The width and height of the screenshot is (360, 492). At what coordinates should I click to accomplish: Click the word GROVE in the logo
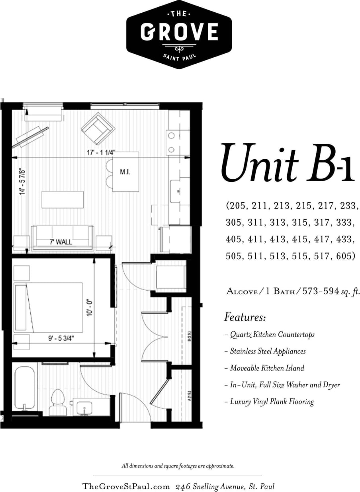click(179, 32)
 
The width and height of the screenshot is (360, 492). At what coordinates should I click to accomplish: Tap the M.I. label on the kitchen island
click(125, 172)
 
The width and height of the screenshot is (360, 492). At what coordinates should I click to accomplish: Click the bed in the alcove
click(49, 307)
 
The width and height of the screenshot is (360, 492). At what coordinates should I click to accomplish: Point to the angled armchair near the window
click(98, 129)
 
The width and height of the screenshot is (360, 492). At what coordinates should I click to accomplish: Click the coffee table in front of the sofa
click(63, 199)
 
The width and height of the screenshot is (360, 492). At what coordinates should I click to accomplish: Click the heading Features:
click(245, 318)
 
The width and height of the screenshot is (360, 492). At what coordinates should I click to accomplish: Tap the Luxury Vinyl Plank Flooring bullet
click(272, 401)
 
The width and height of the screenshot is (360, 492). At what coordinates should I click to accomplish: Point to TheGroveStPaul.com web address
click(126, 486)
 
